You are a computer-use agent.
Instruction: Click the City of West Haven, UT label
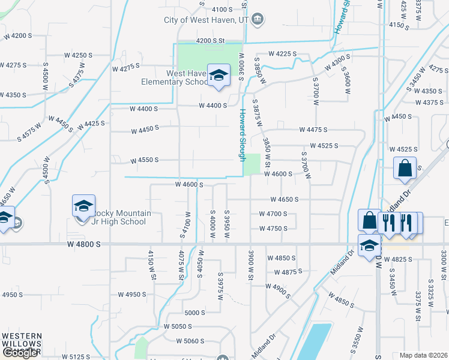point(206,20)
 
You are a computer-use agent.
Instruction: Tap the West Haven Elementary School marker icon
point(218,75)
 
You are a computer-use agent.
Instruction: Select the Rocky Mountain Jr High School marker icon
point(83,206)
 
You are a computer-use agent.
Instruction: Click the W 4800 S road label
point(84,244)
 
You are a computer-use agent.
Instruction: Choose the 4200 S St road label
point(209,41)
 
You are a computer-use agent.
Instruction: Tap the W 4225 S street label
point(283,53)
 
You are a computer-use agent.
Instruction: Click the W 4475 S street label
point(314,130)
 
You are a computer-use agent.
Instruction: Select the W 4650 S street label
point(284,199)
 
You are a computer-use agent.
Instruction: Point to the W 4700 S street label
point(273,214)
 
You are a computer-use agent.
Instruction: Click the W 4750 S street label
point(273,229)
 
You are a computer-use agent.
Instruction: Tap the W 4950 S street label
point(133,295)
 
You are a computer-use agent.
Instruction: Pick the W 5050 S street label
point(178,326)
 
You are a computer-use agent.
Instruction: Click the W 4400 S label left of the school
point(143,109)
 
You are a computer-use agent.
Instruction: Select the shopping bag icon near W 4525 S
point(405,169)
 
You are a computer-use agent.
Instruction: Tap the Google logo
point(20,353)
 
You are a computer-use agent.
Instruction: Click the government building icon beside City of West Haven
point(258,20)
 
